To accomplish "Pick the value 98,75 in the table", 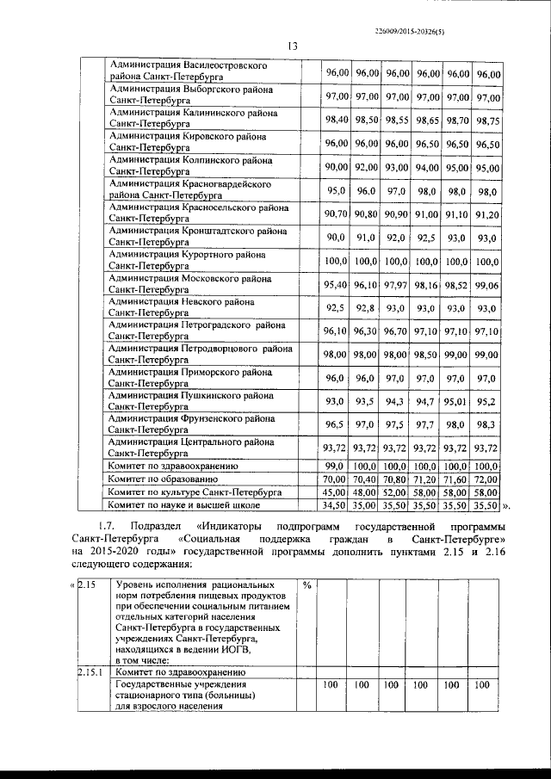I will point(487,121).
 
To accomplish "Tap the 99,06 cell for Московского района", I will point(487,285).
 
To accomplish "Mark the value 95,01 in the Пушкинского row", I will point(456,401).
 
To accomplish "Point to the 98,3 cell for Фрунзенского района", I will point(487,424).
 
